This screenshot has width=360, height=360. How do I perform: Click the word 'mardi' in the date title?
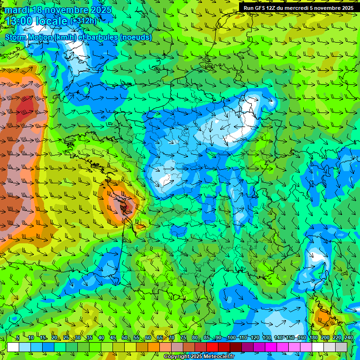point(17,10)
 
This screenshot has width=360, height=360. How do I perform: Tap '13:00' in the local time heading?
point(19,21)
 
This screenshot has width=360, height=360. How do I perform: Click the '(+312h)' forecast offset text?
point(83,21)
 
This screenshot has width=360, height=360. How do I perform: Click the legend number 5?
point(18,338)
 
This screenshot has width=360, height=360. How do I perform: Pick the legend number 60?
point(148,338)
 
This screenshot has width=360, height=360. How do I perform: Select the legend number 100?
point(231,338)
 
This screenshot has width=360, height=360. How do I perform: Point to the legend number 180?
point(314,338)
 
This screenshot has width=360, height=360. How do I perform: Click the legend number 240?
point(349,338)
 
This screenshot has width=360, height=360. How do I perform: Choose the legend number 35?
point(89,338)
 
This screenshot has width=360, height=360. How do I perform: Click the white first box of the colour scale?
point(13,347)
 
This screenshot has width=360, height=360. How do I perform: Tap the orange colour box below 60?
point(142,347)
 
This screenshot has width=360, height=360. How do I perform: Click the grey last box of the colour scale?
point(341,347)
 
